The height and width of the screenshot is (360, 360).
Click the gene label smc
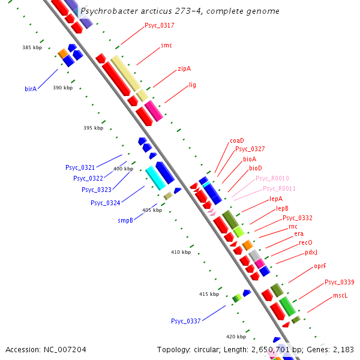click(x=167, y=46)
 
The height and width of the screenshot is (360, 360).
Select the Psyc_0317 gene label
click(x=160, y=25)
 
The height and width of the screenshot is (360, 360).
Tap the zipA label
click(x=184, y=69)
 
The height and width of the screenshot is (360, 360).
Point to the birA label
click(x=31, y=89)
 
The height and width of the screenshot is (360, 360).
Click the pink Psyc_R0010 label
click(x=272, y=178)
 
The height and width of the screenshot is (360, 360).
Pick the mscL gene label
click(x=340, y=296)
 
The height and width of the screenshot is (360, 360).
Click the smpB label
click(x=125, y=220)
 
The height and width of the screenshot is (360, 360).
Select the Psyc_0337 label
click(x=185, y=321)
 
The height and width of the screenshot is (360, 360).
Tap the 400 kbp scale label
click(x=123, y=169)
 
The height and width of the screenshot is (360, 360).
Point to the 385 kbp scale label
click(x=32, y=47)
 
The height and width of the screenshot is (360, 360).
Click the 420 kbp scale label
click(x=236, y=337)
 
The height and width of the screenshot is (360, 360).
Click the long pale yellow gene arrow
click(x=125, y=73)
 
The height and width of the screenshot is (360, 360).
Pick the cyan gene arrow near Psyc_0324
click(x=155, y=178)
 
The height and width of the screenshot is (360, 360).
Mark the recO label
click(x=306, y=242)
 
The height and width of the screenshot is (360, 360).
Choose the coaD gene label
click(x=237, y=140)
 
